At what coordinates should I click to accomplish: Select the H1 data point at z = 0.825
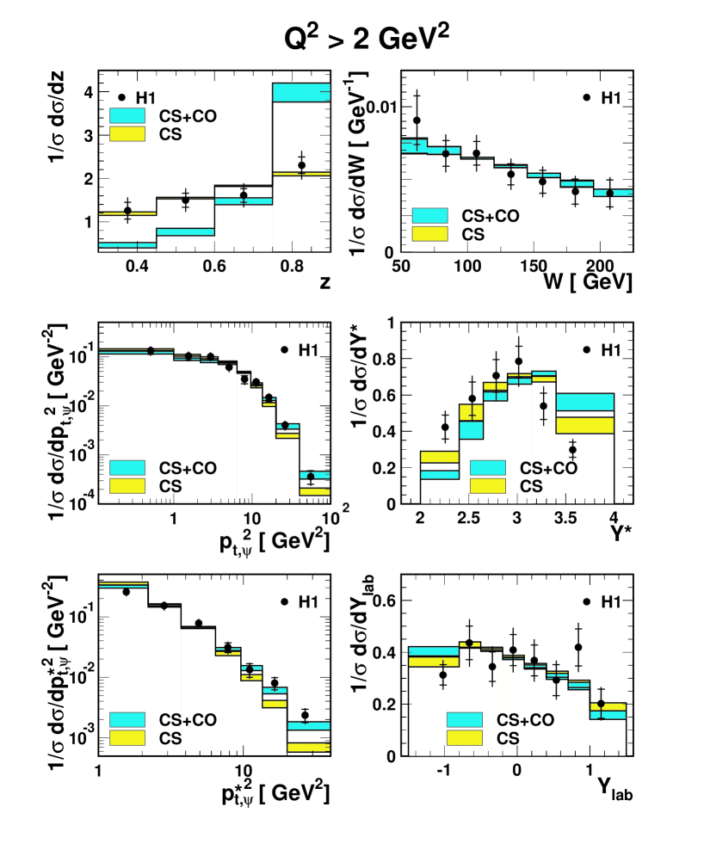301,165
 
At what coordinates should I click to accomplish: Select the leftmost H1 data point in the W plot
417,120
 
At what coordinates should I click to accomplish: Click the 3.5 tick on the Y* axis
565,521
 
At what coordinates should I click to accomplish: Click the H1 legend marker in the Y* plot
585,350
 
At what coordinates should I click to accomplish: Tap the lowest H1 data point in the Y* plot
572,449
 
